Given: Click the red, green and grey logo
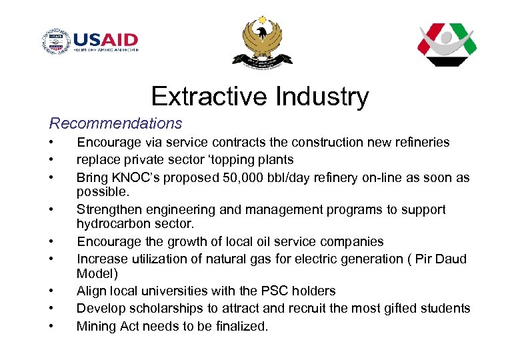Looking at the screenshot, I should (447, 45).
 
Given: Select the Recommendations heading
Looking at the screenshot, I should (115, 123).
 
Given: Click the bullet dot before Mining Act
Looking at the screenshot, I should (51, 327).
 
